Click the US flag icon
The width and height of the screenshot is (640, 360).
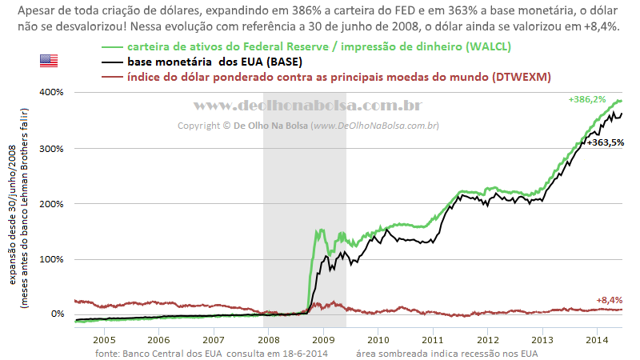[49, 61]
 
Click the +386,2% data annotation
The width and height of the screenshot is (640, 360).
[586, 99]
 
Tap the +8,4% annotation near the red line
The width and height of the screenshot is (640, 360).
[609, 300]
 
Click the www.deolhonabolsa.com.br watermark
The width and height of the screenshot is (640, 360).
[308, 106]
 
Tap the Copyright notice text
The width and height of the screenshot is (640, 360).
[308, 126]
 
